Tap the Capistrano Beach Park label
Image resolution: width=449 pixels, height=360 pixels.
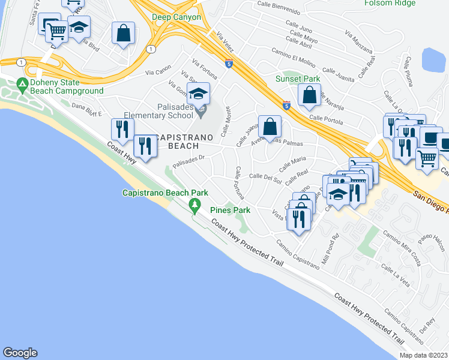coord(165,193)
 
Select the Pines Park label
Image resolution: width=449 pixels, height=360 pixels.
coord(230,211)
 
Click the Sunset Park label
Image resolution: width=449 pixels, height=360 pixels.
coord(297,79)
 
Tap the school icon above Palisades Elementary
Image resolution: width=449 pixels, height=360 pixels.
coord(198,94)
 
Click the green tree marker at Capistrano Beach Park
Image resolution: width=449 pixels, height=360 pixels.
coord(194,205)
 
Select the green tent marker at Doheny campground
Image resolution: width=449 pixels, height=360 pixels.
coord(23,83)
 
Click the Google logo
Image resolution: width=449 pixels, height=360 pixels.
coord(20,353)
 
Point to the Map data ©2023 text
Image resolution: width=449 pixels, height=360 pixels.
coord(423,355)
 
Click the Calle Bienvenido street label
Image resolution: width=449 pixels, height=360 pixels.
coord(279,11)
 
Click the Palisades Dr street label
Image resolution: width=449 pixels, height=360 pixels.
coord(189,161)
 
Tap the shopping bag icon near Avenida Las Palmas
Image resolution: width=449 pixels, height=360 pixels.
coord(270,127)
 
